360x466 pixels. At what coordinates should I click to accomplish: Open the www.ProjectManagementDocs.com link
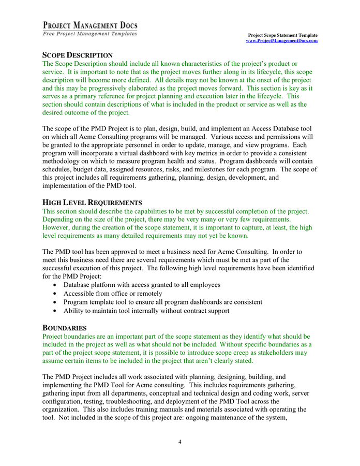pos(281,40)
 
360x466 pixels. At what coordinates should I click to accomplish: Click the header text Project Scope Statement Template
pos(283,35)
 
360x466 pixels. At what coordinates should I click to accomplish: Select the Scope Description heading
pos(77,55)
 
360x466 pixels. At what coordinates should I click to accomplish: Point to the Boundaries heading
pos(64,328)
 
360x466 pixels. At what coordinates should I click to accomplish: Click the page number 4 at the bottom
pos(179,442)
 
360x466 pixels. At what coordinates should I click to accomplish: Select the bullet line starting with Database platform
pos(142,285)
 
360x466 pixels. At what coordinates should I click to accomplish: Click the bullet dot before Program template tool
pos(56,302)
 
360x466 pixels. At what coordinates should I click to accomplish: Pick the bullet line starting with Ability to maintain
pos(146,311)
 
